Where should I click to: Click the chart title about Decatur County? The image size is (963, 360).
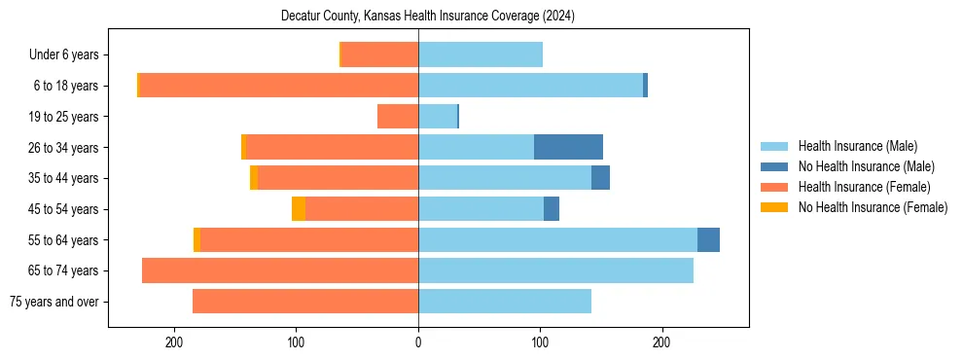pos(428,17)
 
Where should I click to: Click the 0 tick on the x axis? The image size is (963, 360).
pos(418,342)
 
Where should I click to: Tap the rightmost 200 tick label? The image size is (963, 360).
pos(661,342)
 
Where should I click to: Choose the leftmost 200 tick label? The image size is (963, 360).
pos(175,342)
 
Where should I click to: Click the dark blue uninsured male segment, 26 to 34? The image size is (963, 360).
pos(568,147)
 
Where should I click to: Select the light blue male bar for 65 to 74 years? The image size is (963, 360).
pos(555,270)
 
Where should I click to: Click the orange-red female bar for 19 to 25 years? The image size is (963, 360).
pos(398,117)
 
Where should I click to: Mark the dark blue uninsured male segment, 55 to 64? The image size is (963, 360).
pos(708,239)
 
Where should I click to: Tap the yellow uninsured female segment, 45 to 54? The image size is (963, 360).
pos(299,209)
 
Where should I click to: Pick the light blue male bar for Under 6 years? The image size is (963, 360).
pos(481,55)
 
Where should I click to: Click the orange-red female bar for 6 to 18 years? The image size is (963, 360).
pos(279,86)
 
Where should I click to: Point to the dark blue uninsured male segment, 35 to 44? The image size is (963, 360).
pos(600,178)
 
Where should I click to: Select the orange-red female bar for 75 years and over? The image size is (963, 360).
pos(305,302)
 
